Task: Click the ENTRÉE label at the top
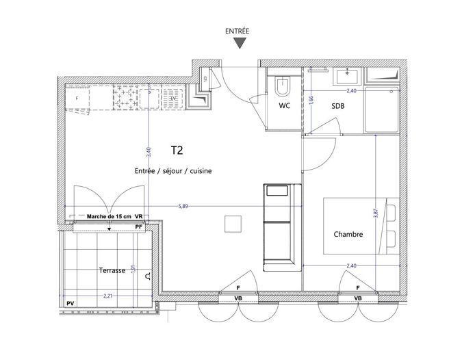[238, 31]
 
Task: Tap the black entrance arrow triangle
[238, 44]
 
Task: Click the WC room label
[285, 107]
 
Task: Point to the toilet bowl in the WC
[281, 87]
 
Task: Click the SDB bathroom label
[337, 107]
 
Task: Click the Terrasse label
[111, 270]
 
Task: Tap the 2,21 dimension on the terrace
[107, 296]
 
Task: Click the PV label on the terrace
[69, 303]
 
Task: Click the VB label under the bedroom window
[357, 299]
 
